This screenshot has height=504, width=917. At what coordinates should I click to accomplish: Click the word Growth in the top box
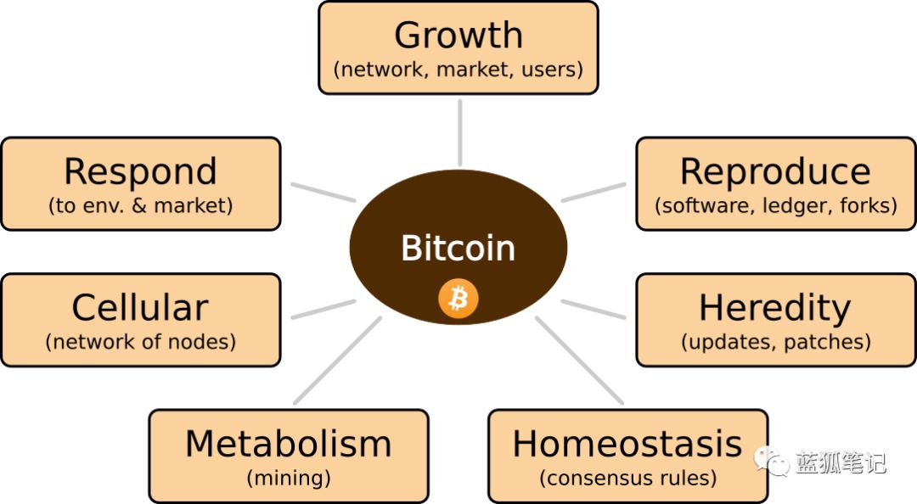[x=458, y=36]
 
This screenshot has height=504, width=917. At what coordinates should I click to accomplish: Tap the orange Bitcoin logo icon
[x=458, y=298]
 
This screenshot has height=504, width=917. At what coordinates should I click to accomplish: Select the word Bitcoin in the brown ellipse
[x=458, y=249]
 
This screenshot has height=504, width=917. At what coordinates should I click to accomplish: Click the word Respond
[x=141, y=171]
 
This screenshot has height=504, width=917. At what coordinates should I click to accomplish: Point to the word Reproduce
[x=775, y=171]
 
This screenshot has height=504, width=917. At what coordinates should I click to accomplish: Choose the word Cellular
[x=140, y=307]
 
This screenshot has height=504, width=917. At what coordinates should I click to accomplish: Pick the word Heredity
[x=775, y=307]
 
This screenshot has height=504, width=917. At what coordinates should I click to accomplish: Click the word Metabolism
[x=289, y=444]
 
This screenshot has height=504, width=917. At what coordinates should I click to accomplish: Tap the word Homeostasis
[x=627, y=444]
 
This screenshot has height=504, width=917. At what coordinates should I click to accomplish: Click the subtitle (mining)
[x=289, y=478]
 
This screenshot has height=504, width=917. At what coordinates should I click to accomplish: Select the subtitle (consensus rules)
[x=627, y=478]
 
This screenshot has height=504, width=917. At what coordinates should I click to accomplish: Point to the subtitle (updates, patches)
[x=775, y=342]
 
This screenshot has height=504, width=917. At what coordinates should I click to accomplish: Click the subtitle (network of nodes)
[x=140, y=342]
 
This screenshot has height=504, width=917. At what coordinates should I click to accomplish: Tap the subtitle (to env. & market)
[x=141, y=204]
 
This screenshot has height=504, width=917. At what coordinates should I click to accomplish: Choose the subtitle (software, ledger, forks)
[x=775, y=205]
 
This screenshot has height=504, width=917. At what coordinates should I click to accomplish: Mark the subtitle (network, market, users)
[x=458, y=69]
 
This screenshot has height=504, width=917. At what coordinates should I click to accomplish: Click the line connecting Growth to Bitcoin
[x=459, y=132]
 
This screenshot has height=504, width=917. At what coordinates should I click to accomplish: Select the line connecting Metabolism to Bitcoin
[x=337, y=361]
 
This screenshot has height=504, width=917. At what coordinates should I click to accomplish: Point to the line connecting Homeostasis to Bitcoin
[x=580, y=361]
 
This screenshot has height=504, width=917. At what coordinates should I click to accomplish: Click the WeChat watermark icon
[x=775, y=462]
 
